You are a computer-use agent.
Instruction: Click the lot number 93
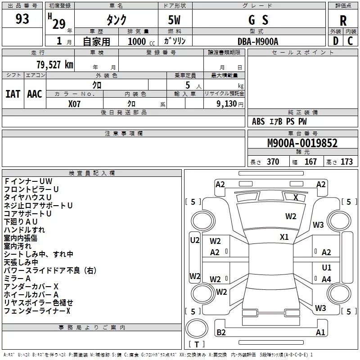coord(22,19)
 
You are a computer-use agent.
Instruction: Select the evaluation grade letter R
coord(343,21)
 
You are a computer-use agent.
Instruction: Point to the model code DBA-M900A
coord(258,41)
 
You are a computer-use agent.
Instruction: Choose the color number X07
coord(74,103)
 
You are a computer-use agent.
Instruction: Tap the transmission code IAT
coord(13,94)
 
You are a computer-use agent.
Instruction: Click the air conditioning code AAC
coord(35,94)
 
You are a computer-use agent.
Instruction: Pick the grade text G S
coord(258,20)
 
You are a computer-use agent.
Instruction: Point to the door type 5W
coord(175,20)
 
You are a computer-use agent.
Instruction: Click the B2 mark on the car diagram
coord(221,333)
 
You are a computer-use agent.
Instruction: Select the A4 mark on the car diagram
coord(326,279)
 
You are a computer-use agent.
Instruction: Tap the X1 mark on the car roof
coord(284,237)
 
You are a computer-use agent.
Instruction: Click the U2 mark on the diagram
coord(194,240)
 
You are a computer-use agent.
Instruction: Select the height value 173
coord(346,162)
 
